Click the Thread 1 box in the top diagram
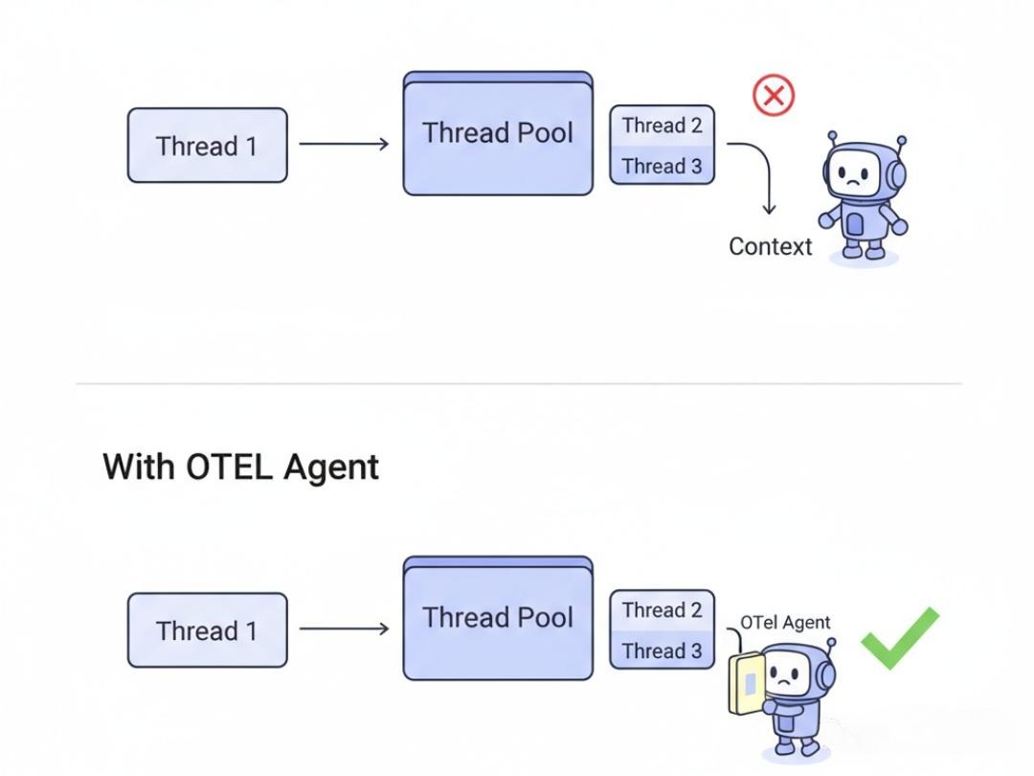207,146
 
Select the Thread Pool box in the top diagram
498,134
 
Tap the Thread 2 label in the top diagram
662,126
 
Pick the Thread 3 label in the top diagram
662,166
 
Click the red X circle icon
774,96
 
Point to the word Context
770,246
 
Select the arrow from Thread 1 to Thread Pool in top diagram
344,145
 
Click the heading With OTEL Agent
240,467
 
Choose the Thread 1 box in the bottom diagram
207,630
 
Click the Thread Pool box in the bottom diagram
498,619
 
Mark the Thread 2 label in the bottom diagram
662,610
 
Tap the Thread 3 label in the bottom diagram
662,650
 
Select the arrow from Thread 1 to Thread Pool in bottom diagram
344,629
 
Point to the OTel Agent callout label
785,623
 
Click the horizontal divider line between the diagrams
517,383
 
